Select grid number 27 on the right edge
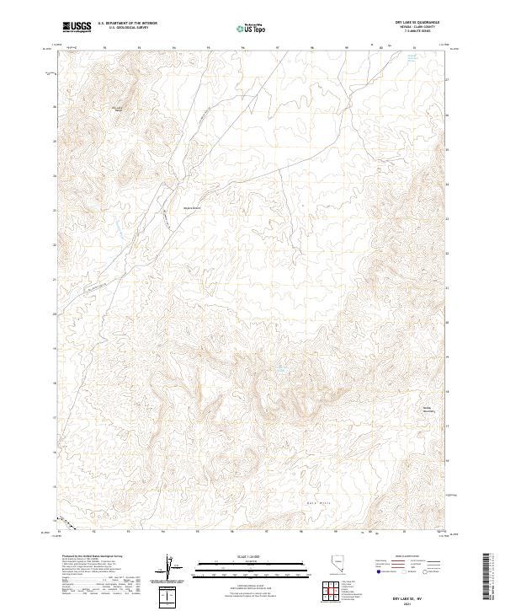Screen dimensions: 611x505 pos(447,80)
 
